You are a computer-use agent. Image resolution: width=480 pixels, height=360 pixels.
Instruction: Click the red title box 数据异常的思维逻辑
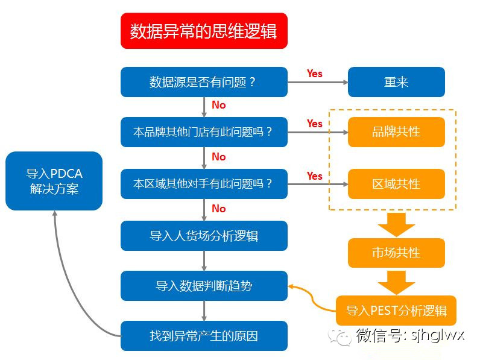tap(204, 31)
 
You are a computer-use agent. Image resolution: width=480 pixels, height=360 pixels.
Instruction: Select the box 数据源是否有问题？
tap(204, 82)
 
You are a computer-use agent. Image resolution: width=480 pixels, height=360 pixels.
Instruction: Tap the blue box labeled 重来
tap(396, 82)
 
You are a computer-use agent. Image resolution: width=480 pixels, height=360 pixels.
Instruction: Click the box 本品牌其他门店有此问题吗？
tap(204, 132)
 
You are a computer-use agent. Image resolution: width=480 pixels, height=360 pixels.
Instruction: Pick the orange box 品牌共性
tap(396, 132)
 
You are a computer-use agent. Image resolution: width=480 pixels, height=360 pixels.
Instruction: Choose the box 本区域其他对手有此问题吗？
tap(204, 184)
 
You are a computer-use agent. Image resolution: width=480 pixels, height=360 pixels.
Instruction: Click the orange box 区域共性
tap(396, 184)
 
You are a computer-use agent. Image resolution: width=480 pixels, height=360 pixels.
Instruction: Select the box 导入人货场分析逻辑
tap(204, 235)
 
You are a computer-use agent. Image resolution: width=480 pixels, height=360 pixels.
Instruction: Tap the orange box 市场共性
tap(396, 253)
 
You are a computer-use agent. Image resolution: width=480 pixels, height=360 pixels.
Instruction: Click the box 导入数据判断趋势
tap(204, 286)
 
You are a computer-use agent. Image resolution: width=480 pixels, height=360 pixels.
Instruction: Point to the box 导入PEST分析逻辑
tap(396, 311)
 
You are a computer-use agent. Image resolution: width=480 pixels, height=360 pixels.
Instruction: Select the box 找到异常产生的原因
tap(204, 336)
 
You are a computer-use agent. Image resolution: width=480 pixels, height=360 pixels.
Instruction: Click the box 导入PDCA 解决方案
tap(54, 181)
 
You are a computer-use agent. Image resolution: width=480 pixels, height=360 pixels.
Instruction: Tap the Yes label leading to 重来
tap(315, 74)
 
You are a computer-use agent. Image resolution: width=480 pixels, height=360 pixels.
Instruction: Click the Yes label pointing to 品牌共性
tap(315, 124)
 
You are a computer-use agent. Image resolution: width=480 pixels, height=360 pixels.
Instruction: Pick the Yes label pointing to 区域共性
tap(315, 176)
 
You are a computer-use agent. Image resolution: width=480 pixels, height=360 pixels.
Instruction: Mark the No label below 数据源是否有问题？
tap(218, 105)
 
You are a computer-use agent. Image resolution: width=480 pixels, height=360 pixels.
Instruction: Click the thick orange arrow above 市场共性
tap(396, 224)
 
